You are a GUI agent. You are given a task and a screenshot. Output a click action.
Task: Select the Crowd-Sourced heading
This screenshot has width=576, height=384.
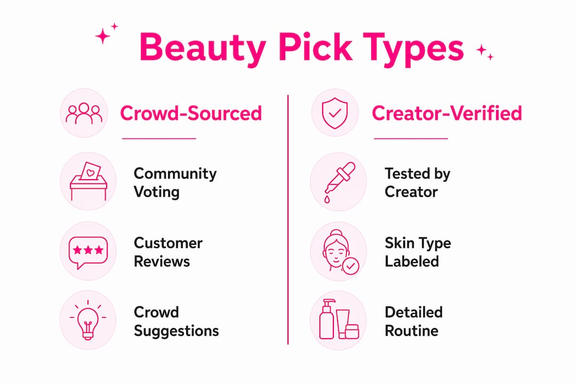(191, 113)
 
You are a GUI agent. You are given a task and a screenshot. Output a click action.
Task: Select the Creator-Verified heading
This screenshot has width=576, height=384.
(447, 113)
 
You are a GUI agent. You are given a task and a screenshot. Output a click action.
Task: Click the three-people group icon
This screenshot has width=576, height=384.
(84, 113)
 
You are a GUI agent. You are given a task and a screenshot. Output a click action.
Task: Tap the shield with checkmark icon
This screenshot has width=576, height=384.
(334, 113)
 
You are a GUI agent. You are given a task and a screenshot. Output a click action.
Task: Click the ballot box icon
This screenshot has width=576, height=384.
(89, 181)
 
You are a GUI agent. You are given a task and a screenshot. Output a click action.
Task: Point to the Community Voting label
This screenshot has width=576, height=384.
(175, 182)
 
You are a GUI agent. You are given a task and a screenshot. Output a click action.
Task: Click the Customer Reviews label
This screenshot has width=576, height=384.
(168, 252)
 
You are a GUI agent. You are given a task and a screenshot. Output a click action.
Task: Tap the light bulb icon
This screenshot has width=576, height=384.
(88, 320)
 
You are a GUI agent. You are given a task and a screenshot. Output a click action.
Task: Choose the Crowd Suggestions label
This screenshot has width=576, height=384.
(177, 322)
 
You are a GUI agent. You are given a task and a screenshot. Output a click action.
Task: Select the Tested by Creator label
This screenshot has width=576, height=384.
(417, 182)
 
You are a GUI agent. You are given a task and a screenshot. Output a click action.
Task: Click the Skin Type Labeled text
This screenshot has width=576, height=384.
(418, 252)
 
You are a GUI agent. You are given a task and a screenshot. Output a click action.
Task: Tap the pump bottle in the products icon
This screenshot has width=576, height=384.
(326, 319)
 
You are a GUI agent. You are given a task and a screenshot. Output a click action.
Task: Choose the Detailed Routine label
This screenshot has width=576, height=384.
(414, 322)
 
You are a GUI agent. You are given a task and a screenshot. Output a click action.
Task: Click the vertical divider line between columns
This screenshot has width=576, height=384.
(288, 220)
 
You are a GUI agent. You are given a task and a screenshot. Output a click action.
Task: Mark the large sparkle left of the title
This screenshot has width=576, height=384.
(102, 36)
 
